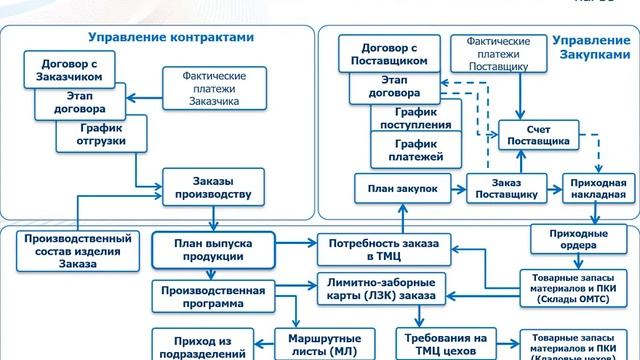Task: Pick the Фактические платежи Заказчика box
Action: [x=215, y=87]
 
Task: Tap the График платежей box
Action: [x=410, y=151]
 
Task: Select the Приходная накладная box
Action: [x=600, y=187]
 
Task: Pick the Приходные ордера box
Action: [x=573, y=240]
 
